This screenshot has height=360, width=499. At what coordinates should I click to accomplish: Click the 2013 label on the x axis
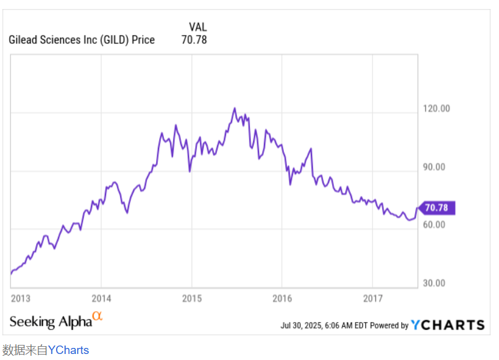[x=20, y=298]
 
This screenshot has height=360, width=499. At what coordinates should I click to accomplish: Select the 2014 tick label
[x=101, y=298]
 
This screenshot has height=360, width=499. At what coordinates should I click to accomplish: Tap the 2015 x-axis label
[x=192, y=298]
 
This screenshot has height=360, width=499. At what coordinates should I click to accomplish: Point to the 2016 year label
[x=282, y=298]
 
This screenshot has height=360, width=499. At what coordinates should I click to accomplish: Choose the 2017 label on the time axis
[x=373, y=298]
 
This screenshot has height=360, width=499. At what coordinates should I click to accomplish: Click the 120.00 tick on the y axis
[x=437, y=109]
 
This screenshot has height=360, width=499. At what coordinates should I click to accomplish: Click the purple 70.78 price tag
[x=437, y=208]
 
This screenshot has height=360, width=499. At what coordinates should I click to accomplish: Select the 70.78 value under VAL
[x=194, y=40]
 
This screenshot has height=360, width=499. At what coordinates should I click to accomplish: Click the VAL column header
[x=198, y=27]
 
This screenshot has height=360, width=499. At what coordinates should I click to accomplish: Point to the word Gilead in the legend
[x=23, y=40]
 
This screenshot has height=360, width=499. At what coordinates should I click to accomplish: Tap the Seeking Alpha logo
[x=49, y=321]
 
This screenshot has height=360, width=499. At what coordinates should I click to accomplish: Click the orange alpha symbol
[x=97, y=315]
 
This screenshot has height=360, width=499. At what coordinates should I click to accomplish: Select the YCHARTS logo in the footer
[x=448, y=325]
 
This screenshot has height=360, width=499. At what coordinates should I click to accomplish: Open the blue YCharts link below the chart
[x=68, y=350]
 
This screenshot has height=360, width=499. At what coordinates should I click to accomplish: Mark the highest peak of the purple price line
[x=234, y=109]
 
